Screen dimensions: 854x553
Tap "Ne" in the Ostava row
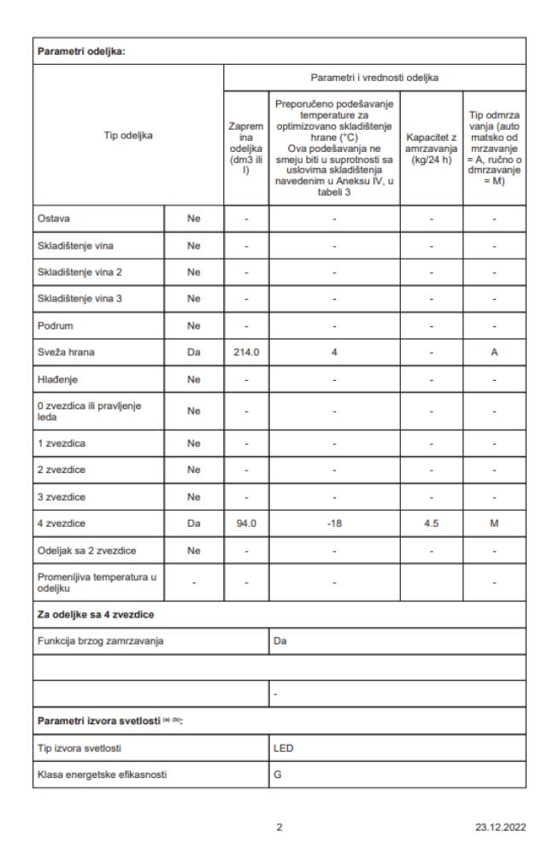tap(193, 219)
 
